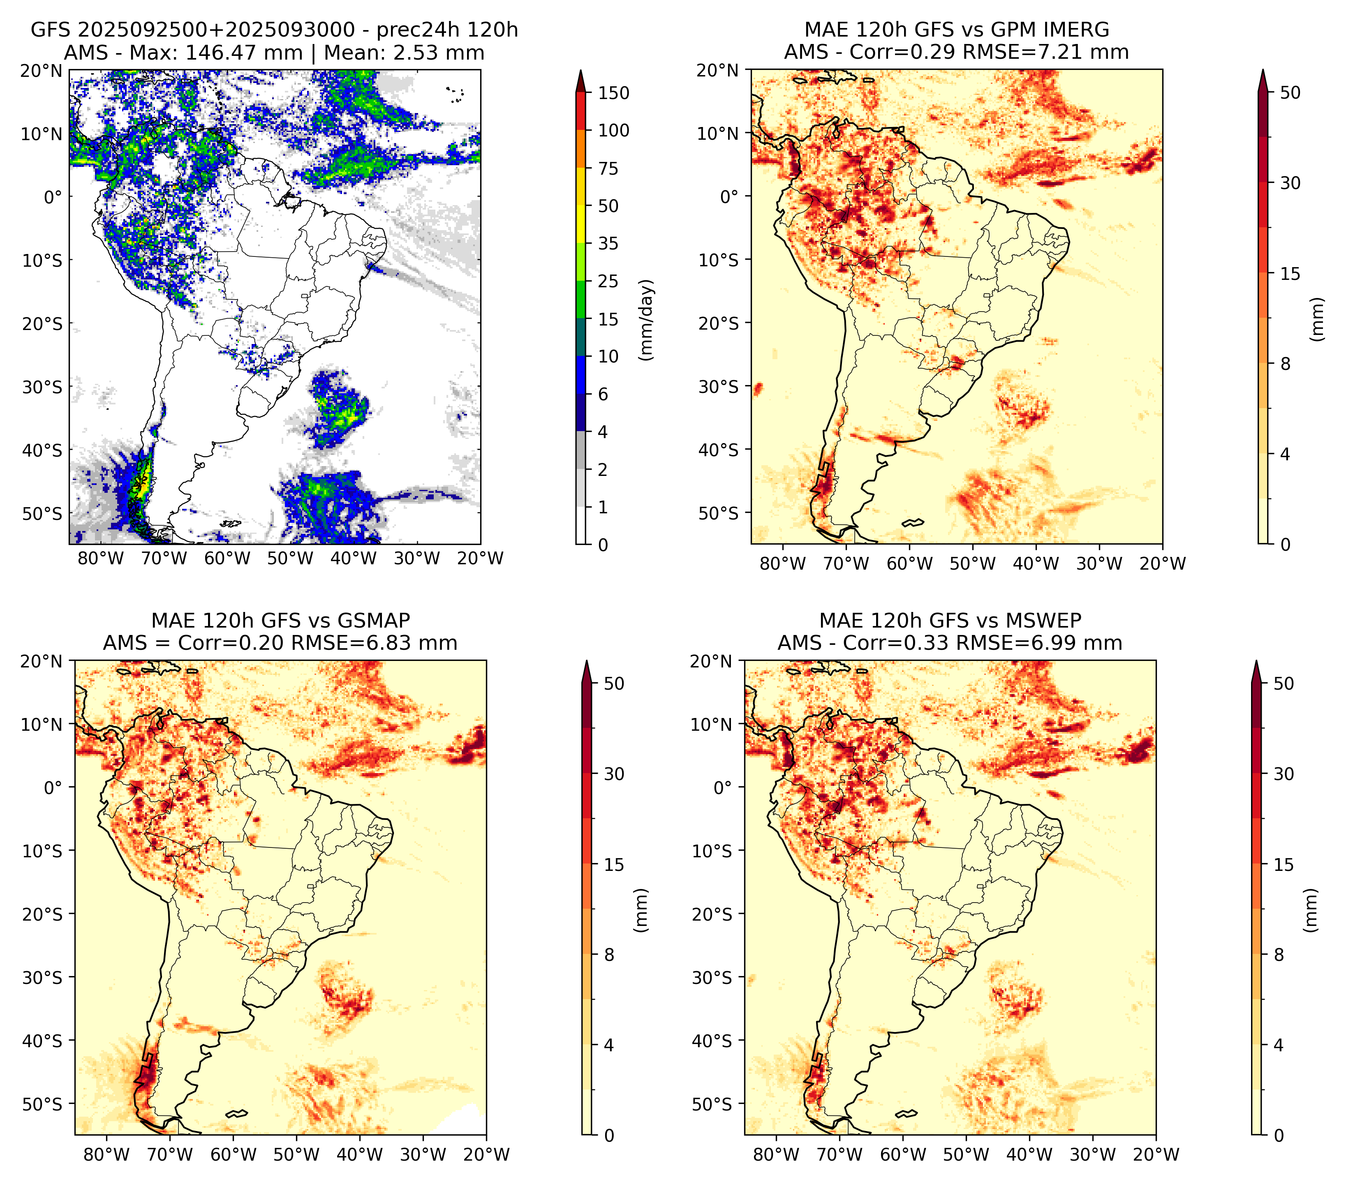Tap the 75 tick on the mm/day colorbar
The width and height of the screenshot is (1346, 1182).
tap(608, 169)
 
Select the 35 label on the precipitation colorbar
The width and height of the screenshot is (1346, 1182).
tap(608, 243)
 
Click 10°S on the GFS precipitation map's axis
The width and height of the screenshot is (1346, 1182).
tap(42, 261)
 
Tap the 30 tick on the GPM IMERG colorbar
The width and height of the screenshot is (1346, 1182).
tap(1290, 183)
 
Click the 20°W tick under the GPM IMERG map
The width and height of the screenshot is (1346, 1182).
tap(1162, 564)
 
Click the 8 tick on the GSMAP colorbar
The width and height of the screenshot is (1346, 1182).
tap(609, 955)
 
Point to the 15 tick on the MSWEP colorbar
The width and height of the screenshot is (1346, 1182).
tap(1284, 865)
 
